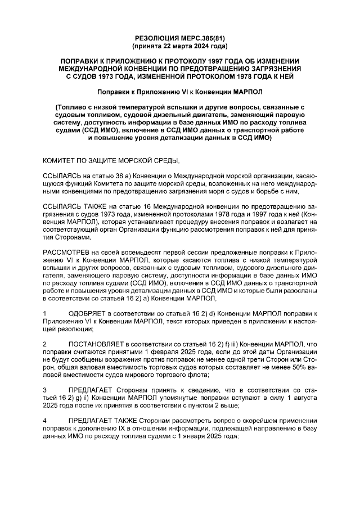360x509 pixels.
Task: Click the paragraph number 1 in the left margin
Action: (44, 312)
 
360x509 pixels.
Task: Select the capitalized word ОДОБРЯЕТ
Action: (87, 312)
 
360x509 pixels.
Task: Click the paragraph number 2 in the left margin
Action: (44, 343)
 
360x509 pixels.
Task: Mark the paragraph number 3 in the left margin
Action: (44, 390)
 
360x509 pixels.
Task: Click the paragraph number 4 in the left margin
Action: (44, 421)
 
